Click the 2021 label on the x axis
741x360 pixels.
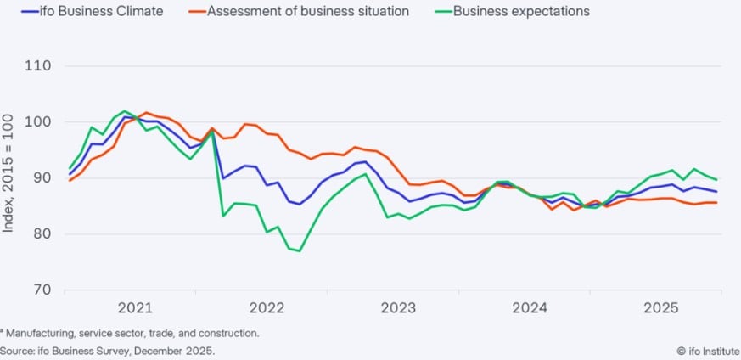pos(136,307)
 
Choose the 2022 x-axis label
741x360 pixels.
pos(267,307)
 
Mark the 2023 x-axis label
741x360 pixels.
pos(398,307)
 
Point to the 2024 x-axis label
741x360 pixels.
pos(529,307)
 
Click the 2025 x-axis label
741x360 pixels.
pos(660,307)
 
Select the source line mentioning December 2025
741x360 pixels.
pos(108,351)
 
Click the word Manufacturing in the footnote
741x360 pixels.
pos(38,334)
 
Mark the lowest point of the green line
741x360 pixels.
pos(300,250)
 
